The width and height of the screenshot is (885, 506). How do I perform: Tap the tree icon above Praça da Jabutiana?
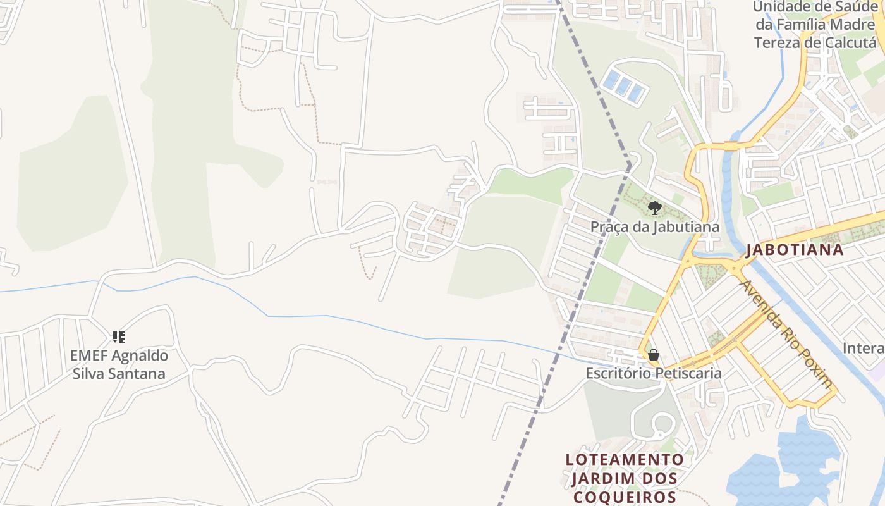[654, 207]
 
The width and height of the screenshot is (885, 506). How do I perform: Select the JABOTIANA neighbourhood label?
[795, 249]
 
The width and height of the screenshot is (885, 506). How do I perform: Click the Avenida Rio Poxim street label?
[787, 333]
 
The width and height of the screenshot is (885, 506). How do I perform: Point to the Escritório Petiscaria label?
[654, 373]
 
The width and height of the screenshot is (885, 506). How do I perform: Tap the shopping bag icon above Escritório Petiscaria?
[654, 355]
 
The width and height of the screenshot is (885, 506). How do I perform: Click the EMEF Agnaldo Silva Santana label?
[119, 364]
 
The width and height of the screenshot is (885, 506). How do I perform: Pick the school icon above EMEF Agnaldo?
[119, 336]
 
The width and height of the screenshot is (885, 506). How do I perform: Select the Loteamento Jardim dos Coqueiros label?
[625, 478]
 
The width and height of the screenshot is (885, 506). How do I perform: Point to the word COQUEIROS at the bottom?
[625, 497]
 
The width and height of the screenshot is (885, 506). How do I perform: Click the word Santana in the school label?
[137, 373]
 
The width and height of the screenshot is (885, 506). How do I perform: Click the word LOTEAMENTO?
[625, 459]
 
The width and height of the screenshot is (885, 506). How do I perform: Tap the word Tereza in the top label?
[780, 42]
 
